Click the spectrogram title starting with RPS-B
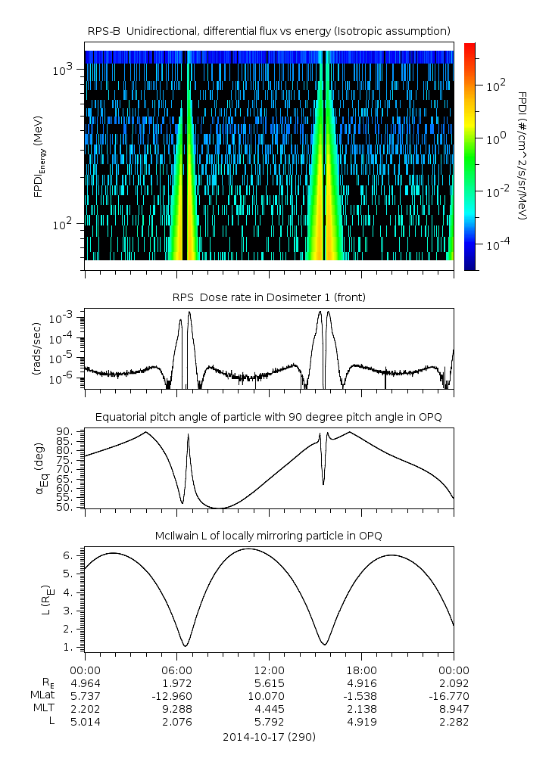(269, 30)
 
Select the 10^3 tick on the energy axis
(62, 70)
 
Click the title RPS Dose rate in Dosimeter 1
(269, 297)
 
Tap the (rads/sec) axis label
(37, 349)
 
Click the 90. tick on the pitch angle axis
(66, 431)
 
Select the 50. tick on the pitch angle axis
(66, 507)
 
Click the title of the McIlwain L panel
(269, 536)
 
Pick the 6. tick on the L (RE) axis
(70, 555)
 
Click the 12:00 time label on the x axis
(269, 670)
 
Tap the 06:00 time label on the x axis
(176, 670)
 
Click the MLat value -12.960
(176, 696)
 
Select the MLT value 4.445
(269, 709)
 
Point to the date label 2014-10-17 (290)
(269, 736)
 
